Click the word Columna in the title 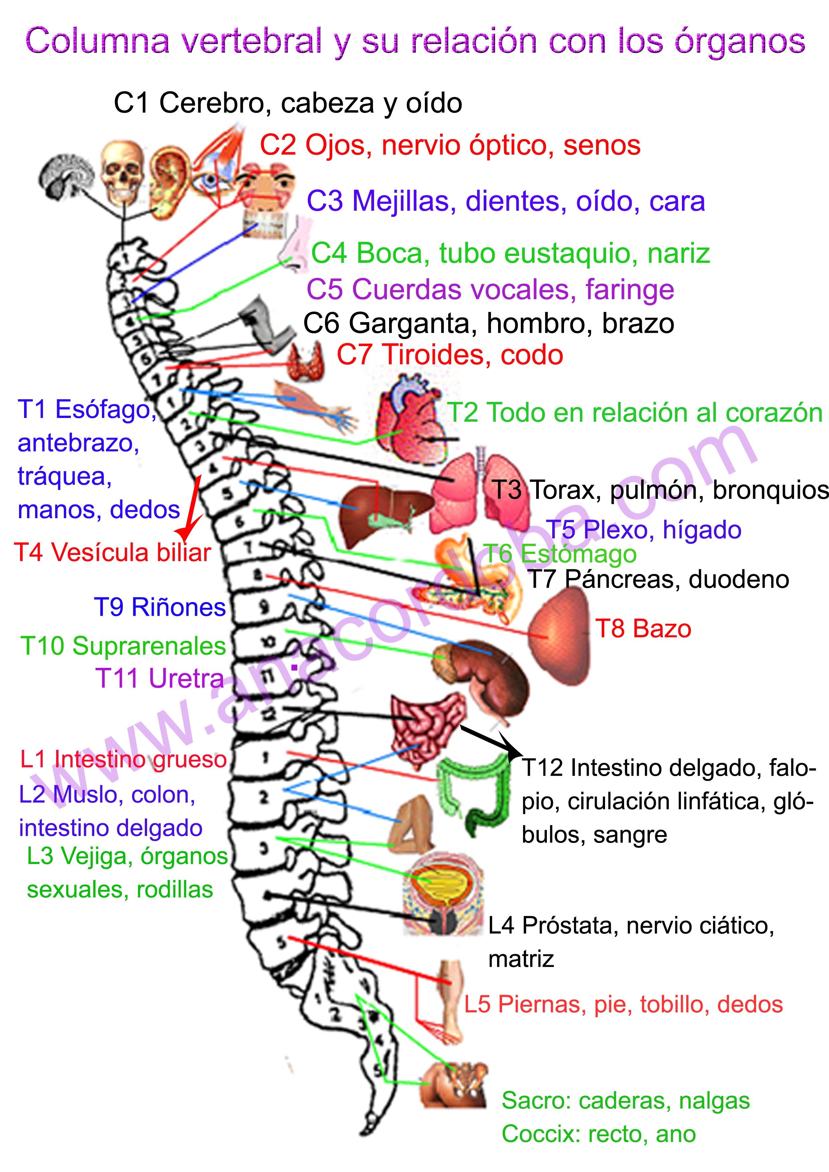[97, 41]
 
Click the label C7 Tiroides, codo [450, 355]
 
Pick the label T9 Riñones [159, 607]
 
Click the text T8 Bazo [642, 628]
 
